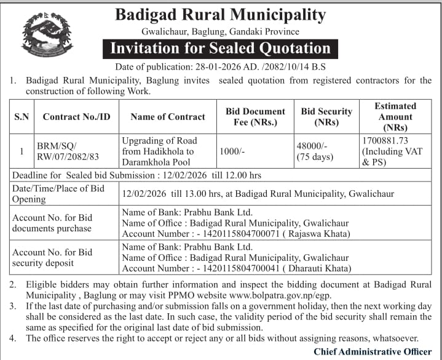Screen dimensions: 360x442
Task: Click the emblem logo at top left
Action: pos(46,36)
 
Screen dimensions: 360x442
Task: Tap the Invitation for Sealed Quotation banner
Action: pos(220,48)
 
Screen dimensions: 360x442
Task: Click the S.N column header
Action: pos(22,116)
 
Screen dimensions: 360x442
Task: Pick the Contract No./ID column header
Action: pos(77,116)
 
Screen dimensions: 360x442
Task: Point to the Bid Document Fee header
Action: pos(255,116)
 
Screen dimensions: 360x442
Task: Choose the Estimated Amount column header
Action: pos(395,116)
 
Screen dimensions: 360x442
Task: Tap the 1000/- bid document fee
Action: pos(233,151)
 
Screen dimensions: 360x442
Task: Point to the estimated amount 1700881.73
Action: pos(386,141)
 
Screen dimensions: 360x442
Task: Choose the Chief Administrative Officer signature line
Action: pos(373,351)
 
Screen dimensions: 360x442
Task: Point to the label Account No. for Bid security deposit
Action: pos(52,258)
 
